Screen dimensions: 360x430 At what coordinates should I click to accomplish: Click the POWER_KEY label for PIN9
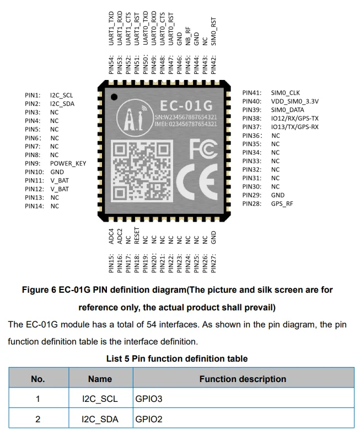(68, 163)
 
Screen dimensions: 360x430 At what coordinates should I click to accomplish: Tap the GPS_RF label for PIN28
(282, 204)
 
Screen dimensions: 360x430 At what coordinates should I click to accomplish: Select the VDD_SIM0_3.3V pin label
(295, 101)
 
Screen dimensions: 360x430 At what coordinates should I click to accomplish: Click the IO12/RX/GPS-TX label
(295, 119)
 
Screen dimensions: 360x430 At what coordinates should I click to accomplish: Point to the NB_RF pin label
(188, 36)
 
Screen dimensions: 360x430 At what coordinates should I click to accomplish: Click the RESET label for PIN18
(137, 235)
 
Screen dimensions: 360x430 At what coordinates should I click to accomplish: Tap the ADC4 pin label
(111, 236)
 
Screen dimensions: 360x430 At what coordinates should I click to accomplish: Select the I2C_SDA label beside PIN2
(62, 104)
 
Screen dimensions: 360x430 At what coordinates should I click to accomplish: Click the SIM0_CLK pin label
(286, 93)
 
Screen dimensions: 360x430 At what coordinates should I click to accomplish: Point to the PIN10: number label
(34, 172)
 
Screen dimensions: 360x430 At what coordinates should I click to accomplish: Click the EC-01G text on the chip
(186, 106)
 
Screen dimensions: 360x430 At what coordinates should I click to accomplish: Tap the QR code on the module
(142, 171)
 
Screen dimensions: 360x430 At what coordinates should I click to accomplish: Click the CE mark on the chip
(197, 182)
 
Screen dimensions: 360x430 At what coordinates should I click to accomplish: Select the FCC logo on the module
(203, 149)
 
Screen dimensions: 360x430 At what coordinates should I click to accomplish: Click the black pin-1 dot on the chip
(114, 97)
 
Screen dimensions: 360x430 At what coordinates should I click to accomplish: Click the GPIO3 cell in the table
(149, 399)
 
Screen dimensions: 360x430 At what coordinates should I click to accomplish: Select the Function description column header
(243, 379)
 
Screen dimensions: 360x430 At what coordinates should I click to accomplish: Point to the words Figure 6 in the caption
(39, 290)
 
